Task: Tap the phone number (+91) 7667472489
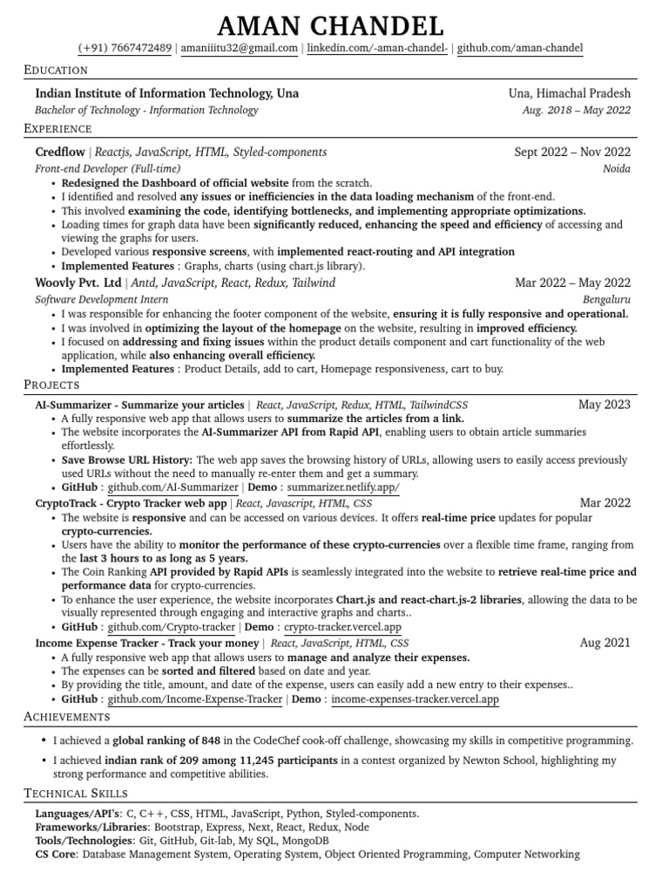125,49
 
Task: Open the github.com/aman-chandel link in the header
520,49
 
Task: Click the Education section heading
56,70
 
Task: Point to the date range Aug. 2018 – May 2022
577,110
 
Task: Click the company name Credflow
60,152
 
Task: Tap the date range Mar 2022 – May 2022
573,283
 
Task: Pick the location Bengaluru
606,298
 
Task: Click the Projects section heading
52,385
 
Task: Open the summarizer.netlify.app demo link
343,488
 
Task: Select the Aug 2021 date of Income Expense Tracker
605,643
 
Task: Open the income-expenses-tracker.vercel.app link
416,699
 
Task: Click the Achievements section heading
67,716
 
